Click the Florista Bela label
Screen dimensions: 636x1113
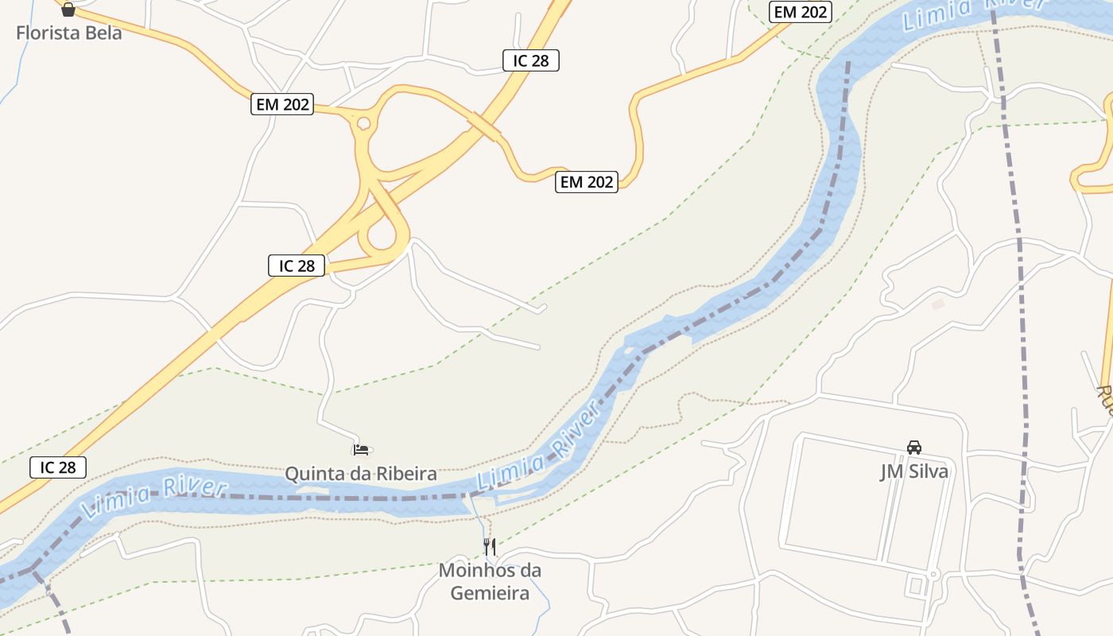(69, 33)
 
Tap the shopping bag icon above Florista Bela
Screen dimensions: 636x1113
(68, 10)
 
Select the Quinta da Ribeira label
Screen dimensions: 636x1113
(361, 474)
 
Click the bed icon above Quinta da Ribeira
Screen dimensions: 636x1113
(361, 450)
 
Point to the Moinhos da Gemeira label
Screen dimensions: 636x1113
(490, 581)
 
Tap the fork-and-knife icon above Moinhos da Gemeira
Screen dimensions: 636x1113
(490, 546)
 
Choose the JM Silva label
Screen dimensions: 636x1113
(913, 471)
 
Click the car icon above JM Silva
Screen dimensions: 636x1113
(914, 448)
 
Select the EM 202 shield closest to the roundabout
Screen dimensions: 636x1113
(282, 104)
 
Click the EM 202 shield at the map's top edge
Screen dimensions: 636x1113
(801, 12)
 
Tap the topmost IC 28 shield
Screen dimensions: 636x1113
(531, 60)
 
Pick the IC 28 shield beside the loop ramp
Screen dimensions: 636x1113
(297, 266)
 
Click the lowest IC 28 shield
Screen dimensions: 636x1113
(58, 467)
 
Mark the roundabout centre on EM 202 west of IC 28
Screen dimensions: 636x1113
(363, 123)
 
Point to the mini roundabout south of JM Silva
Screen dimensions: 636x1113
(934, 573)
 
